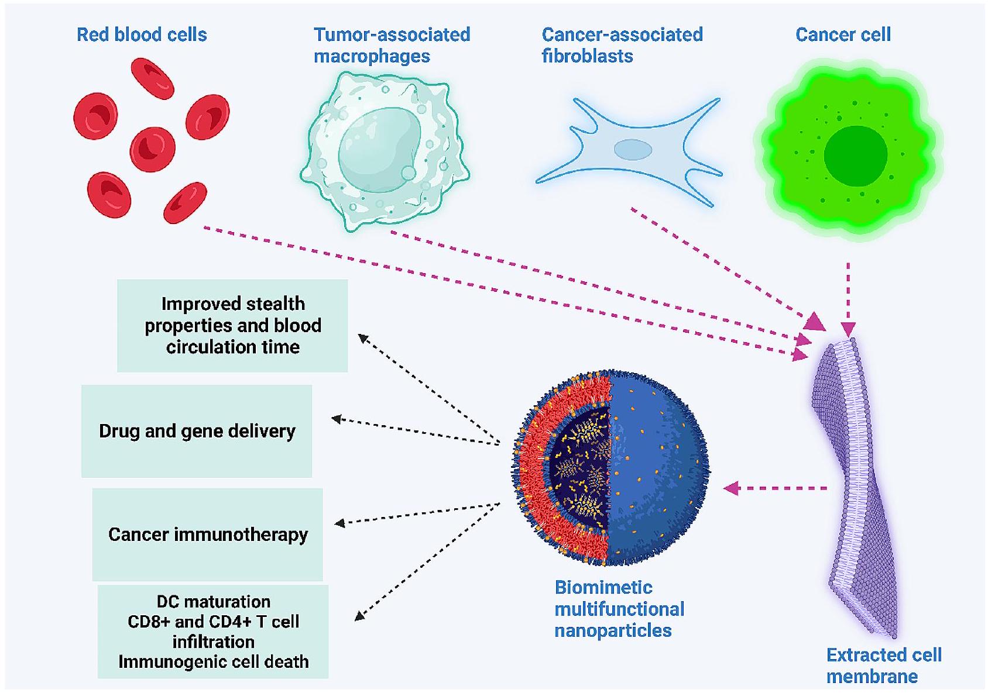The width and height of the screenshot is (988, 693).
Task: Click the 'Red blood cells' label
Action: tap(142, 35)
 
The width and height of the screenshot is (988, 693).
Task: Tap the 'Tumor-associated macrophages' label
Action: tap(392, 45)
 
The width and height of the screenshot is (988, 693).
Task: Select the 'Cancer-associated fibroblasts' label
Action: tap(622, 45)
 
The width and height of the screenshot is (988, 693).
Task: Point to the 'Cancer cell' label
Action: tap(843, 35)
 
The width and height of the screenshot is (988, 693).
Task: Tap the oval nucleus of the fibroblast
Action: tap(633, 150)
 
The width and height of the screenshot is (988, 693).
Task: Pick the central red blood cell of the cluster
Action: tap(152, 148)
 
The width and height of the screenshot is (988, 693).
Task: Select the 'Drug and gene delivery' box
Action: tap(197, 431)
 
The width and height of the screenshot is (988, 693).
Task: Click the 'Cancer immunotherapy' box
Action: tap(208, 535)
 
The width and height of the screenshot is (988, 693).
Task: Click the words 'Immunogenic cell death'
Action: tap(213, 661)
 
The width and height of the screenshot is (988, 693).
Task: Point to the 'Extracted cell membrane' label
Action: tap(883, 666)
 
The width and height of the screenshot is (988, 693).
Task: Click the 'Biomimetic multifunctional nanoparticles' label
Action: tap(619, 609)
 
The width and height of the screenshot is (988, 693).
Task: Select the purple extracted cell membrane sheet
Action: tap(855, 485)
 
